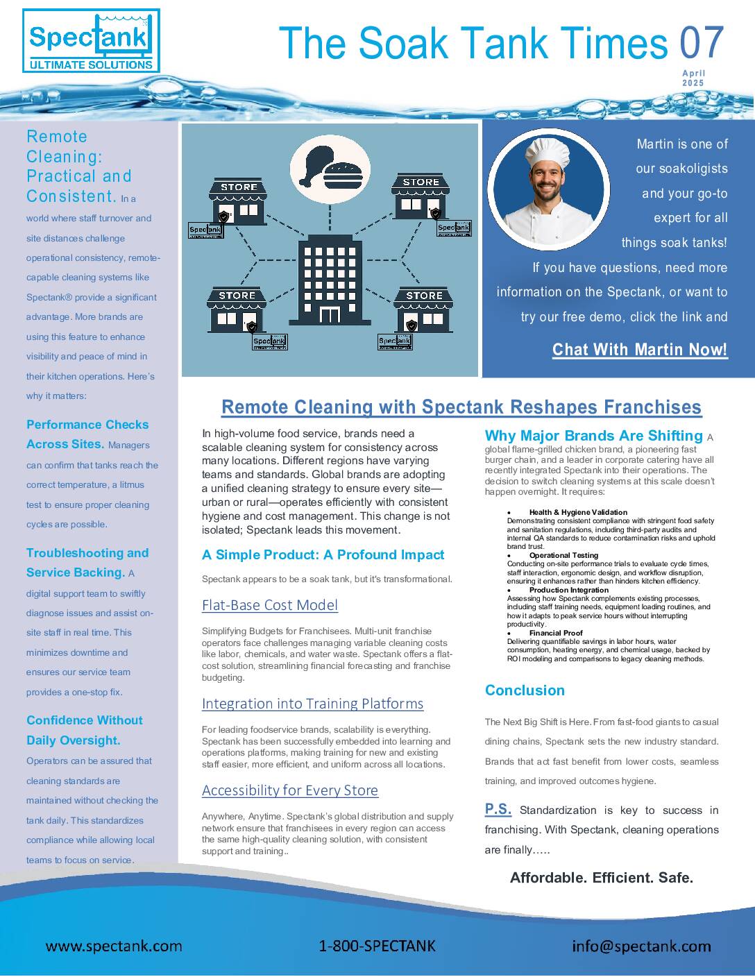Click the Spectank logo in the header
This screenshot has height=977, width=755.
91,41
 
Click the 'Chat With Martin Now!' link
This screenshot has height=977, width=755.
640,349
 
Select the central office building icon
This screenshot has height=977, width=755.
330,280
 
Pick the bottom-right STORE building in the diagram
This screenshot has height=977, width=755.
423,310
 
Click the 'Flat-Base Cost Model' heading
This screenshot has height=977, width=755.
270,605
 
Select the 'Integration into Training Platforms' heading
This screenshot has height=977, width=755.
312,704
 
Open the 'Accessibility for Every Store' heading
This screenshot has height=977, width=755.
290,790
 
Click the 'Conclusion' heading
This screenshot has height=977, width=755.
525,690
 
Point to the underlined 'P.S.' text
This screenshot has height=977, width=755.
498,809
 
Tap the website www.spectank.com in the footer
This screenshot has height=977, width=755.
114,946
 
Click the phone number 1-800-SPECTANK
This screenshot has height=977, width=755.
377,946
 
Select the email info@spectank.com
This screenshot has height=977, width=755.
641,946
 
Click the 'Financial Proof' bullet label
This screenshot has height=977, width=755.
555,633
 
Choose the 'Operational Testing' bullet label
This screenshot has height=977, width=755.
563,555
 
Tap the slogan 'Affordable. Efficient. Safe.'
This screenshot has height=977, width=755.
602,878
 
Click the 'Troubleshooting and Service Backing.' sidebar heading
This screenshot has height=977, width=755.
87,563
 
